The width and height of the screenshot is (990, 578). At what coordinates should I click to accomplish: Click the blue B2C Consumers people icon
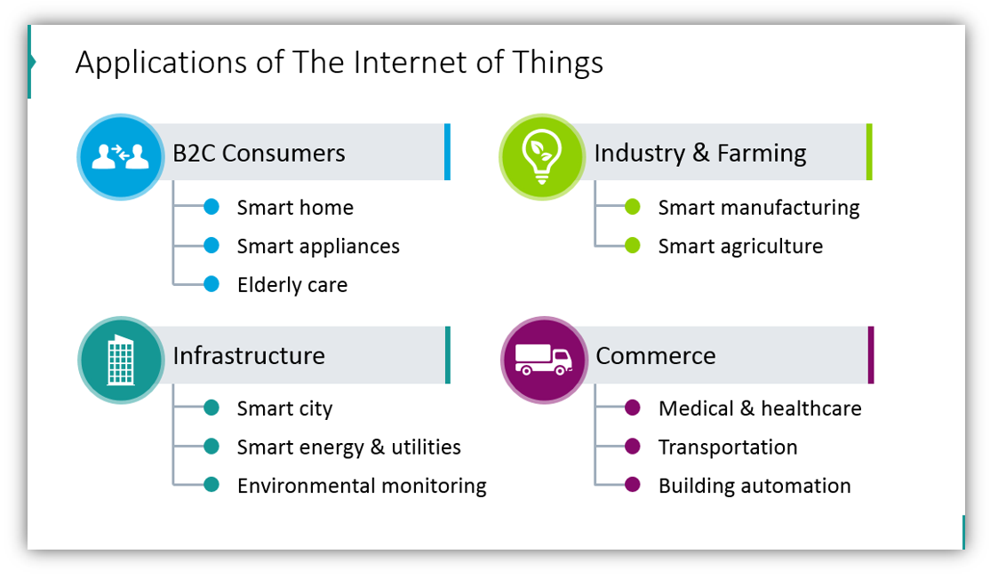(x=121, y=156)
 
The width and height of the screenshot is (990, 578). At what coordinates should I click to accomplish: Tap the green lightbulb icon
(x=541, y=156)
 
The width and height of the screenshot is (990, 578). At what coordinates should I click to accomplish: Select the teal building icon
(x=121, y=360)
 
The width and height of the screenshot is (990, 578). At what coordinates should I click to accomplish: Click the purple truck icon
(x=543, y=360)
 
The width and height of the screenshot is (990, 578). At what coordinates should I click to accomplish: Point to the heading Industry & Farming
(x=700, y=154)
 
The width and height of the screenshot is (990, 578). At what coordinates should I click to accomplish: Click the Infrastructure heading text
(x=249, y=356)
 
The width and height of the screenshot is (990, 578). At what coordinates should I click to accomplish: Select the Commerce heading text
(x=655, y=356)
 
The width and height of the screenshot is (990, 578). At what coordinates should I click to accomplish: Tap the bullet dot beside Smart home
(x=212, y=206)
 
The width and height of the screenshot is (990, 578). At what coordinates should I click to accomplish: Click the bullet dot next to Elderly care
(x=212, y=284)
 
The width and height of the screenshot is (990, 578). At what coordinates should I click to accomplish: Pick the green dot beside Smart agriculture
(x=633, y=245)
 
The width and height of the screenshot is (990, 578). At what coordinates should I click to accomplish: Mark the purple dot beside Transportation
(x=633, y=446)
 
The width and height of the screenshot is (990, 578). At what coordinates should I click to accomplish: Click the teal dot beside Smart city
(x=212, y=408)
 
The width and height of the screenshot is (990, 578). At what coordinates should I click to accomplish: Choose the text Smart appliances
(x=318, y=247)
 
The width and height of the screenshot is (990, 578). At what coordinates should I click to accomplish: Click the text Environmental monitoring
(x=362, y=486)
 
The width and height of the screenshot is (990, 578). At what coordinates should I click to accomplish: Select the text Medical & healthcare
(x=760, y=408)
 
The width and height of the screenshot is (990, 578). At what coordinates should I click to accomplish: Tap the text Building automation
(x=754, y=486)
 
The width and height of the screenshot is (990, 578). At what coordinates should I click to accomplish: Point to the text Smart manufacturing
(x=759, y=209)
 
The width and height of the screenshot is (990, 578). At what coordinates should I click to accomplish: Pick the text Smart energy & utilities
(x=349, y=447)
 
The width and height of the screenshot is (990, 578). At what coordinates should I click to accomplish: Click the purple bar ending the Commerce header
(x=871, y=355)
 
